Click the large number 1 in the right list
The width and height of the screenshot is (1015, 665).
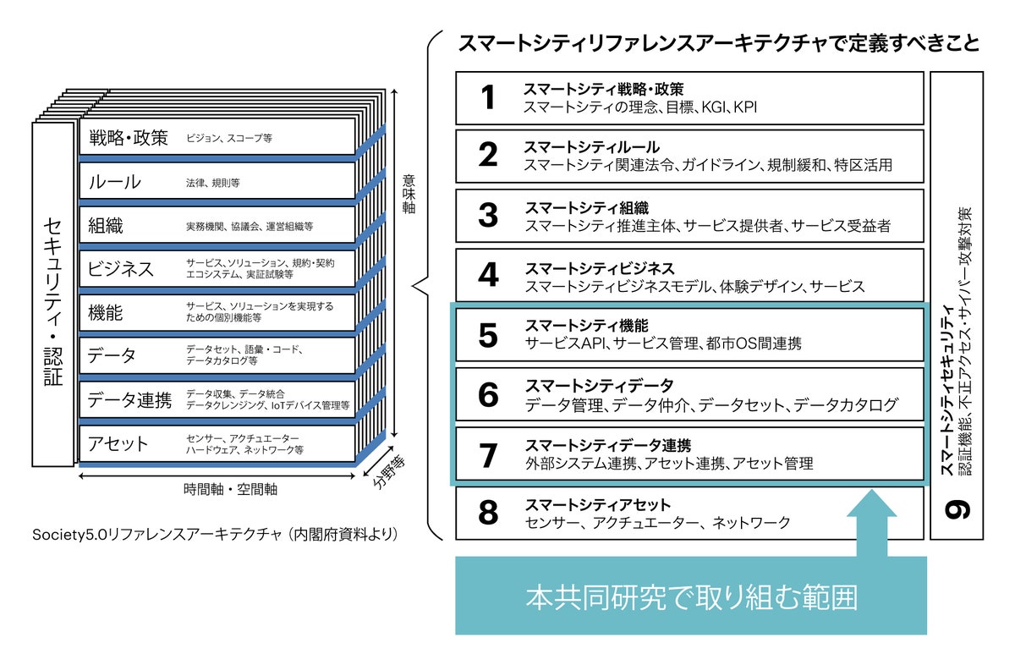487,98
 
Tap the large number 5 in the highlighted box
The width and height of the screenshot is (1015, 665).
488,335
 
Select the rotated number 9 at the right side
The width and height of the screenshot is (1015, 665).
957,508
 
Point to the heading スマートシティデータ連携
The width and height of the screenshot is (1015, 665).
607,445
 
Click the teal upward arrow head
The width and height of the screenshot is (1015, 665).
871,506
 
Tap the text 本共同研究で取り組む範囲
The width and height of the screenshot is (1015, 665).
691,597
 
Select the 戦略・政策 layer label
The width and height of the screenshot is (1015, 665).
128,137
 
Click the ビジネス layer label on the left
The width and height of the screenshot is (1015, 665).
121,269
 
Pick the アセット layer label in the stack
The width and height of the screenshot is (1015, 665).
118,444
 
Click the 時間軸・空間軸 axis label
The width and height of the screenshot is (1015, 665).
231,489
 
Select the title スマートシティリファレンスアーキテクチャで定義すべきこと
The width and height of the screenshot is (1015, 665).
718,43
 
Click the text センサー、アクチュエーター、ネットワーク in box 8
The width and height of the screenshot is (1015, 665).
657,522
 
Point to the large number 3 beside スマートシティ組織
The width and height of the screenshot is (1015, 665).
488,216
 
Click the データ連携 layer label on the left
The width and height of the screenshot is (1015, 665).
129,400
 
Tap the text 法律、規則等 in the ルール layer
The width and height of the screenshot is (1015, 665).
213,182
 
